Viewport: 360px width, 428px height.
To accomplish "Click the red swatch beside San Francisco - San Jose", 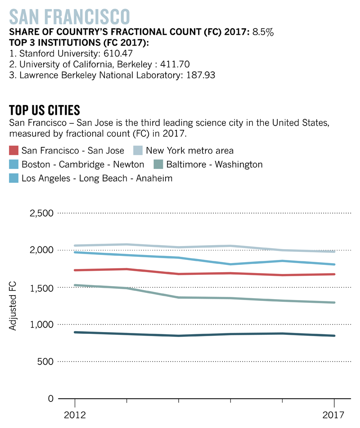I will click(x=14, y=150).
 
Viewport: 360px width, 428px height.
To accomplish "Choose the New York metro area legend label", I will click(x=190, y=150).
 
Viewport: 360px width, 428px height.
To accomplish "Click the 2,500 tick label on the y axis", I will click(x=41, y=213).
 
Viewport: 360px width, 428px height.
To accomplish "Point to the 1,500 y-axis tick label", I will click(x=41, y=287).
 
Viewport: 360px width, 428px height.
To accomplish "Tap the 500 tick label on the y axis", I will click(x=45, y=362).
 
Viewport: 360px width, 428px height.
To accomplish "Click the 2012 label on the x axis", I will click(x=75, y=414).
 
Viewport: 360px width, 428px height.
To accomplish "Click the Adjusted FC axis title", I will click(x=13, y=306).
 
